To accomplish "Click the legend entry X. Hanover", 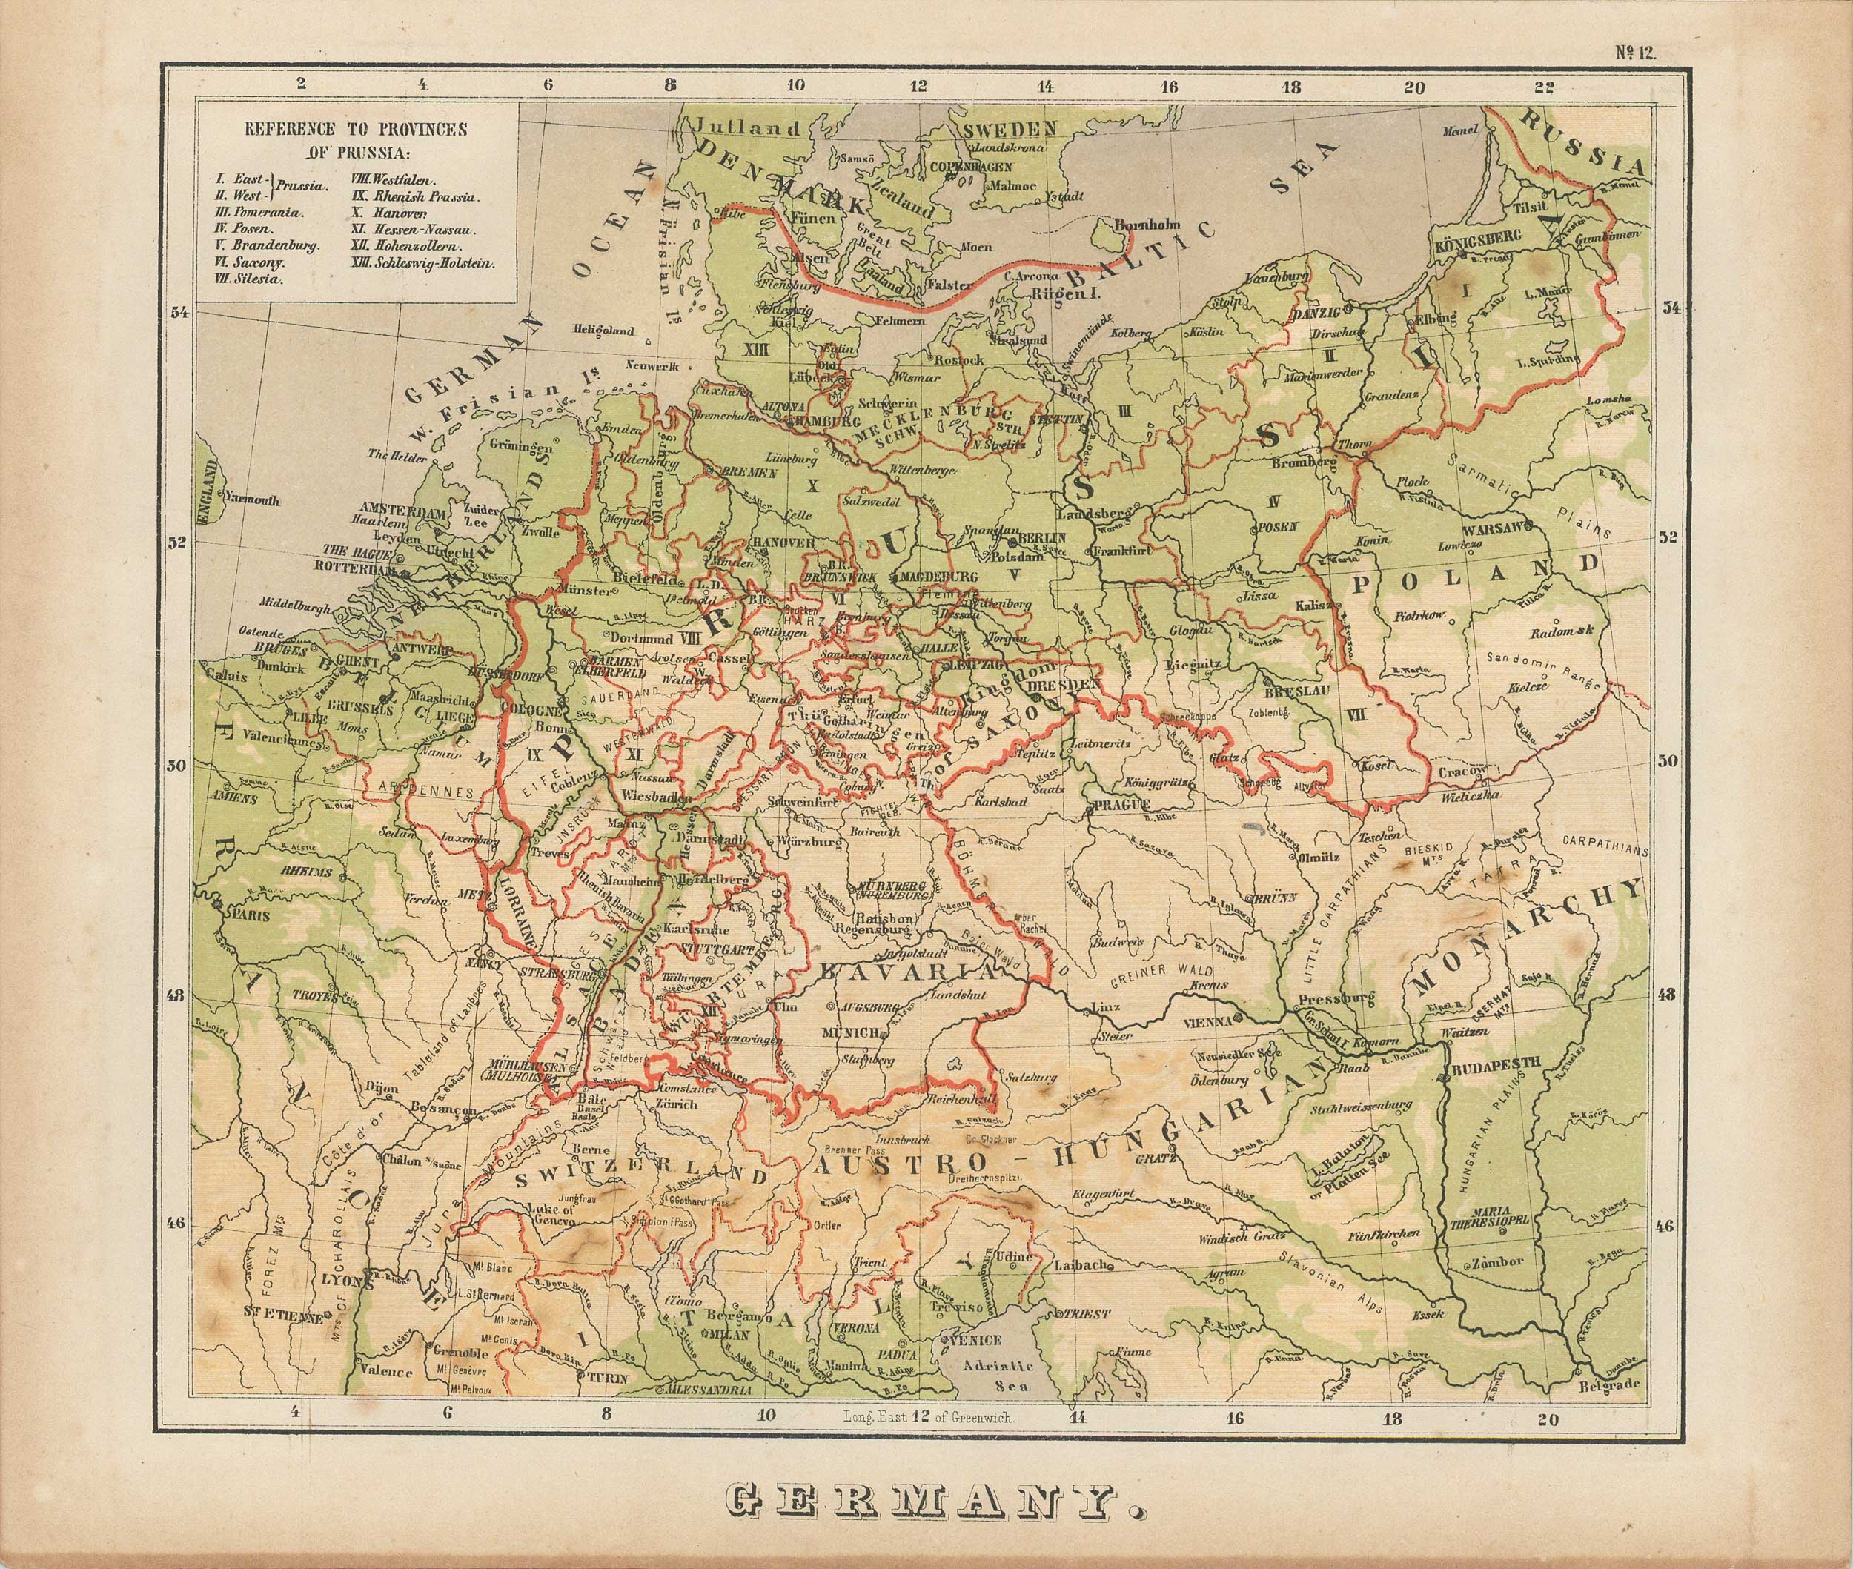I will pyautogui.click(x=390, y=214).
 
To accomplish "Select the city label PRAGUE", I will pyautogui.click(x=1112, y=804).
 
